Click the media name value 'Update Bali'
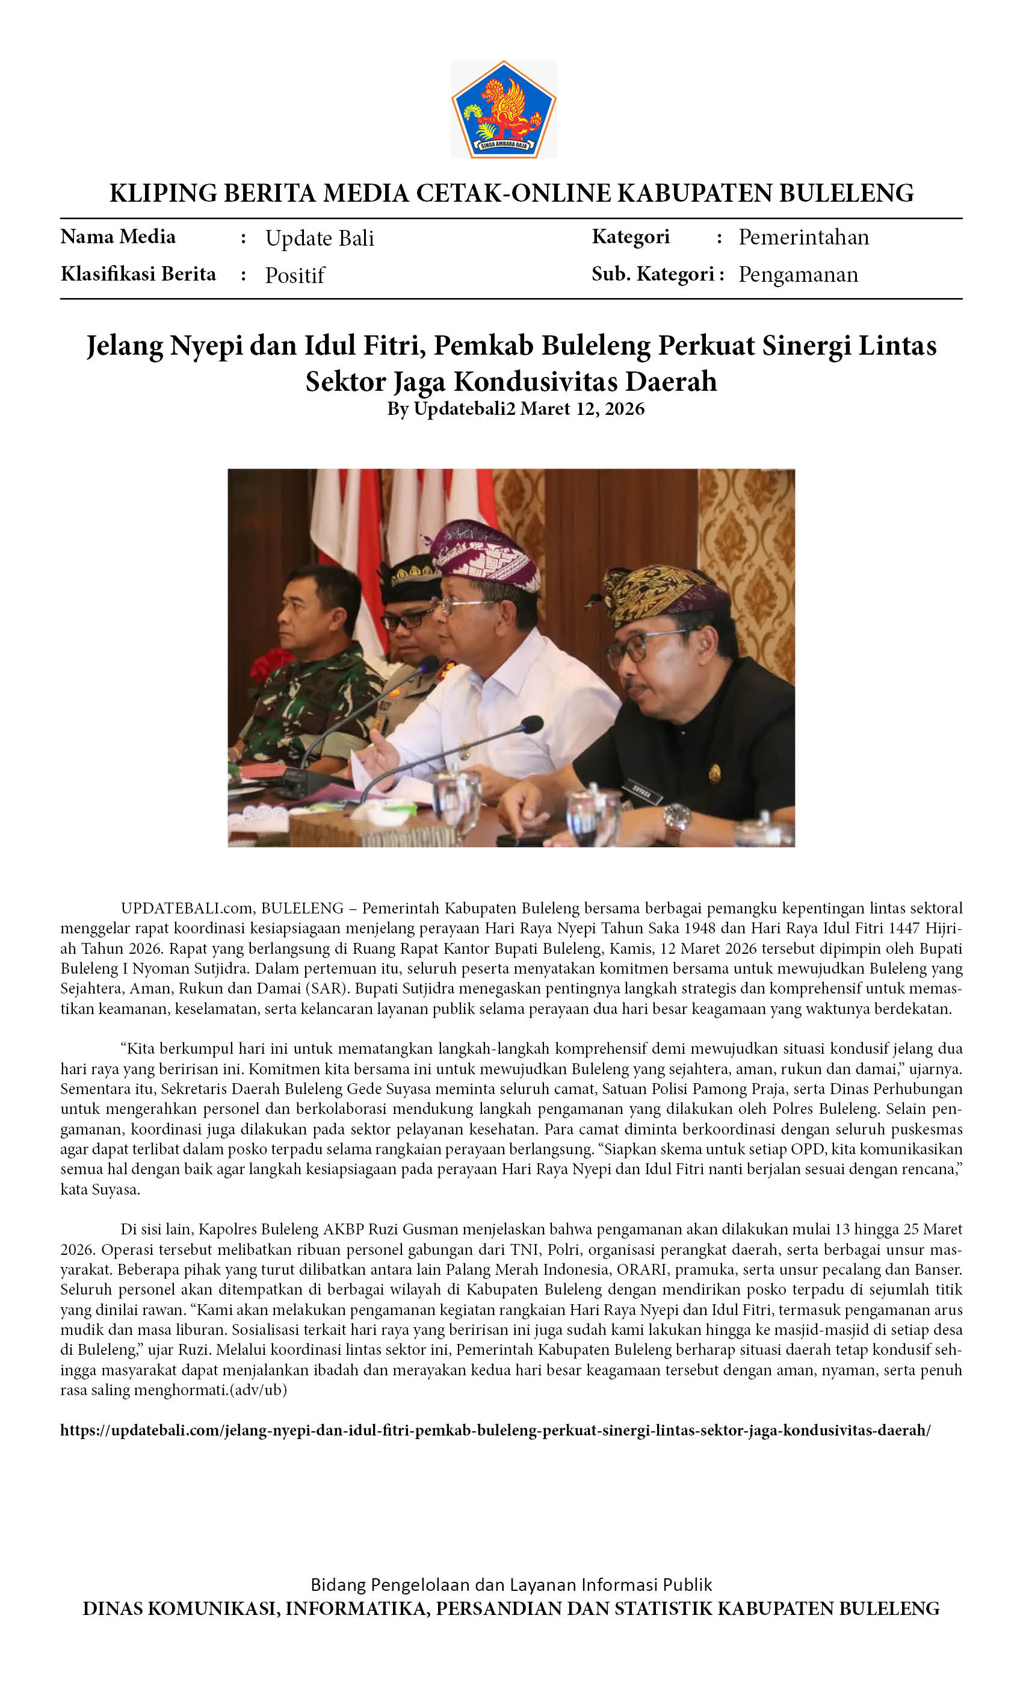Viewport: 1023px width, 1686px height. (320, 237)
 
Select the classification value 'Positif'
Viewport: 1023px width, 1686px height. (295, 275)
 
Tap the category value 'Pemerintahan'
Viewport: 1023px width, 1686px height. (803, 237)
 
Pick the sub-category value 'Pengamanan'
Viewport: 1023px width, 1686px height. (798, 275)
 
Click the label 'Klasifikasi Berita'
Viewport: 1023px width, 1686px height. (138, 274)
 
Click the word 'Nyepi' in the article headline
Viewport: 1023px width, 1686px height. (206, 345)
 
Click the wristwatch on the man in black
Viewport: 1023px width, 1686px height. (676, 817)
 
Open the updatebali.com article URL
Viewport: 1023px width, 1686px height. (495, 1430)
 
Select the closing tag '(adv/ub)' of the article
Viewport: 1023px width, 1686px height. (260, 1390)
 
